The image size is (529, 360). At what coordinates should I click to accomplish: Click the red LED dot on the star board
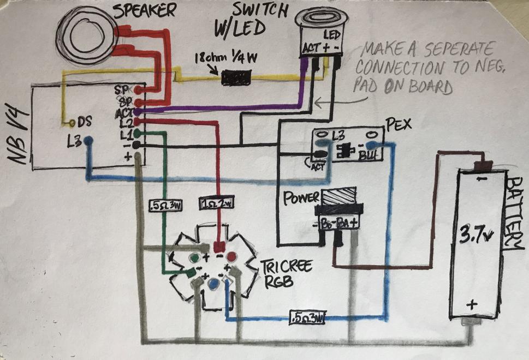(x=230, y=255)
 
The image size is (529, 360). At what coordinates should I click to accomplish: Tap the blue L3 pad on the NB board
(x=88, y=141)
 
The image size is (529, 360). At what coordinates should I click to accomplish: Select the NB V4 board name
(x=15, y=134)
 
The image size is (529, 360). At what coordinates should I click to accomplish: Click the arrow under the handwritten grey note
(x=328, y=101)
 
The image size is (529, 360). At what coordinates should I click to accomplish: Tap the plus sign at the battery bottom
(x=472, y=304)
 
